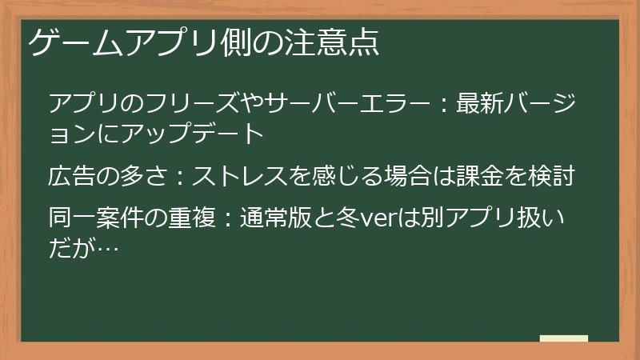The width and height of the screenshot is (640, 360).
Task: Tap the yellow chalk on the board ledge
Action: coord(563,338)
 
